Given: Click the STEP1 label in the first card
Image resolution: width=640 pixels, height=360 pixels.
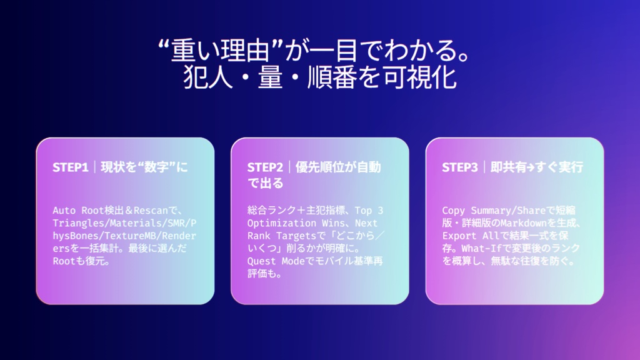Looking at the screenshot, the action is pos(70,167).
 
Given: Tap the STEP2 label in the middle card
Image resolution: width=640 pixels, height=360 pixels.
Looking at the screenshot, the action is pos(265,167).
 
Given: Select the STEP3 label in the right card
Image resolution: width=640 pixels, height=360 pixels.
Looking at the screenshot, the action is pos(459,167).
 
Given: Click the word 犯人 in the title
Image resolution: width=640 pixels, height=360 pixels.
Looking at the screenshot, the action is pos(207,77).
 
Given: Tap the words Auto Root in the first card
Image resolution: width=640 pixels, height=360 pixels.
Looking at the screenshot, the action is pos(78,211).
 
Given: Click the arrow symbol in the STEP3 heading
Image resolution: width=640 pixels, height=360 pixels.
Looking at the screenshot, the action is pos(530,167).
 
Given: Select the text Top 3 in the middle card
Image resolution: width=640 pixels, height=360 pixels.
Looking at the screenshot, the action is pos(369,211).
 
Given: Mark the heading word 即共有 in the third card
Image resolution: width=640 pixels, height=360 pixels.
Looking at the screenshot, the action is pos(507,167).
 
